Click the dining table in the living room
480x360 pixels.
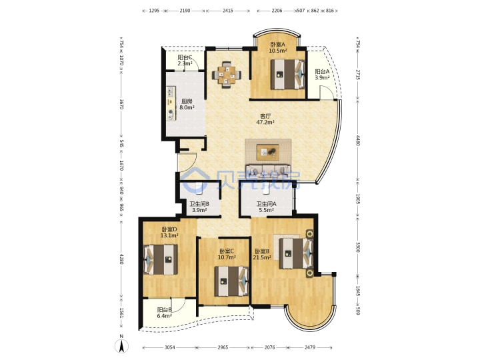[227, 75]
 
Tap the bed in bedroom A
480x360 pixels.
[288, 74]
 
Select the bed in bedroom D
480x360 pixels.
[161, 259]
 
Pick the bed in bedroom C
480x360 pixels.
[231, 281]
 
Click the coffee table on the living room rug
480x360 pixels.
[268, 152]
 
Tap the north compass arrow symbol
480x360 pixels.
[121, 346]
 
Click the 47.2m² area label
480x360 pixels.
[265, 122]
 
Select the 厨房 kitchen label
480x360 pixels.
[187, 101]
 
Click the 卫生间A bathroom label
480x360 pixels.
[266, 204]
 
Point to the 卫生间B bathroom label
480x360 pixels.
[199, 204]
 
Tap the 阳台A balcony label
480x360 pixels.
[322, 71]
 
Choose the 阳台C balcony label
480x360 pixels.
[185, 57]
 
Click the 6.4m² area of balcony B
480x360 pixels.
[165, 316]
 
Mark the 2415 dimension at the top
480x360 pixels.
[228, 11]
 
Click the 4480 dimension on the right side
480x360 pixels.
[358, 141]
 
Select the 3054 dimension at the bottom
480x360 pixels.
[169, 347]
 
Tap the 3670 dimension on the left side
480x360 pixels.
[121, 104]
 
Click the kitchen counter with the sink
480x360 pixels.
[171, 103]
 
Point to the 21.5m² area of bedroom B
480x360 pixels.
[262, 257]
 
